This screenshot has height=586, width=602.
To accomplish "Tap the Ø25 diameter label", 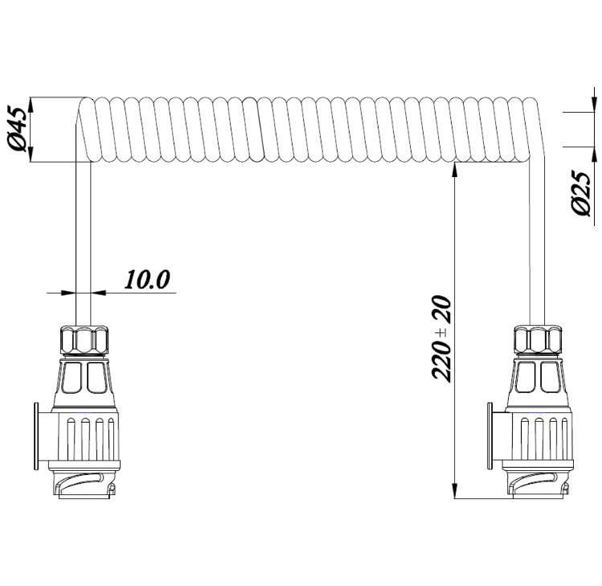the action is [x=580, y=194].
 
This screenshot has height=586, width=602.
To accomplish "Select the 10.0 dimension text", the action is [x=146, y=279].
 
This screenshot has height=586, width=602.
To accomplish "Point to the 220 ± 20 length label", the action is [x=441, y=338].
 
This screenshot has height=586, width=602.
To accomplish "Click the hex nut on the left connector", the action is [x=84, y=340].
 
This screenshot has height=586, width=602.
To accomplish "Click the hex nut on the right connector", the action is [x=538, y=340].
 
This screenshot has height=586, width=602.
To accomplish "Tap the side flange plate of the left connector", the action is [x=36, y=435].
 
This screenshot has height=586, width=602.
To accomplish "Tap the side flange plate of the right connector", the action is [x=489, y=435].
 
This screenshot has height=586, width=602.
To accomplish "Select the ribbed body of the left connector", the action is [x=89, y=436].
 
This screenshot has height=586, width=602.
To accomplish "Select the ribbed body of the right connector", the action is [x=542, y=436].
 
